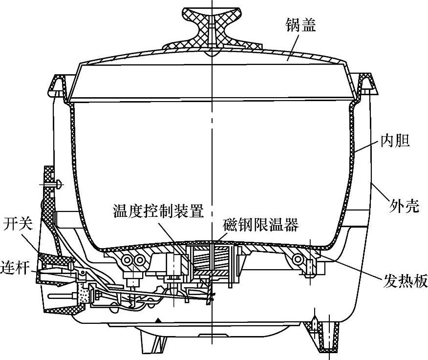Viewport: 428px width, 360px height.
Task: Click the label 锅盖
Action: click(x=301, y=24)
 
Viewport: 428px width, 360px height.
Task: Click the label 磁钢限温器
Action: click(x=261, y=226)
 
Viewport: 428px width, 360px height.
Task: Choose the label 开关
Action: click(x=18, y=224)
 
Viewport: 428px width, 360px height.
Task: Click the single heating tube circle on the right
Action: click(x=298, y=258)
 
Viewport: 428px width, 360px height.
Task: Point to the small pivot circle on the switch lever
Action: click(x=84, y=273)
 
